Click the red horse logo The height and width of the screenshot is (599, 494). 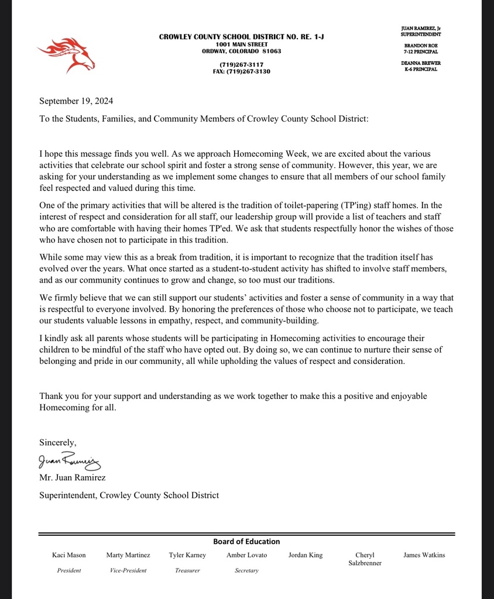click(x=66, y=54)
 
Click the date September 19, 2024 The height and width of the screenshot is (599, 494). click(x=76, y=101)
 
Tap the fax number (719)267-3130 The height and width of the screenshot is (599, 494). click(x=242, y=71)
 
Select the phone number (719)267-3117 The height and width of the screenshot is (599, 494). click(x=242, y=64)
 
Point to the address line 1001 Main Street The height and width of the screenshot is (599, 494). click(x=242, y=44)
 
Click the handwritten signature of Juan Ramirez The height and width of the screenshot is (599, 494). click(x=70, y=462)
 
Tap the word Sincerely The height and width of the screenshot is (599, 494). click(x=58, y=442)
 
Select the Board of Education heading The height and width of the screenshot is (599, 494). click(x=246, y=542)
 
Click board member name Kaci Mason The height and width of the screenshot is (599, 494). click(x=69, y=555)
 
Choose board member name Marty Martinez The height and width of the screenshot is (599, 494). click(x=128, y=555)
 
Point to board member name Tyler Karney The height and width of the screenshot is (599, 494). click(x=187, y=555)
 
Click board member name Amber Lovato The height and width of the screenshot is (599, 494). click(x=246, y=555)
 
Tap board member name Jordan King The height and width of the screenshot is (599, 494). click(x=306, y=555)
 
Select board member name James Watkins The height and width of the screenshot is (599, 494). click(x=424, y=555)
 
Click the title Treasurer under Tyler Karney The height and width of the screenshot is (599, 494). click(x=187, y=570)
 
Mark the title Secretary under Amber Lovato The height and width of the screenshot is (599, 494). click(x=246, y=570)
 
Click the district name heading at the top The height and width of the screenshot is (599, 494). click(x=242, y=37)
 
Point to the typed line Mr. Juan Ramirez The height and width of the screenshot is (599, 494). click(x=73, y=478)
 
